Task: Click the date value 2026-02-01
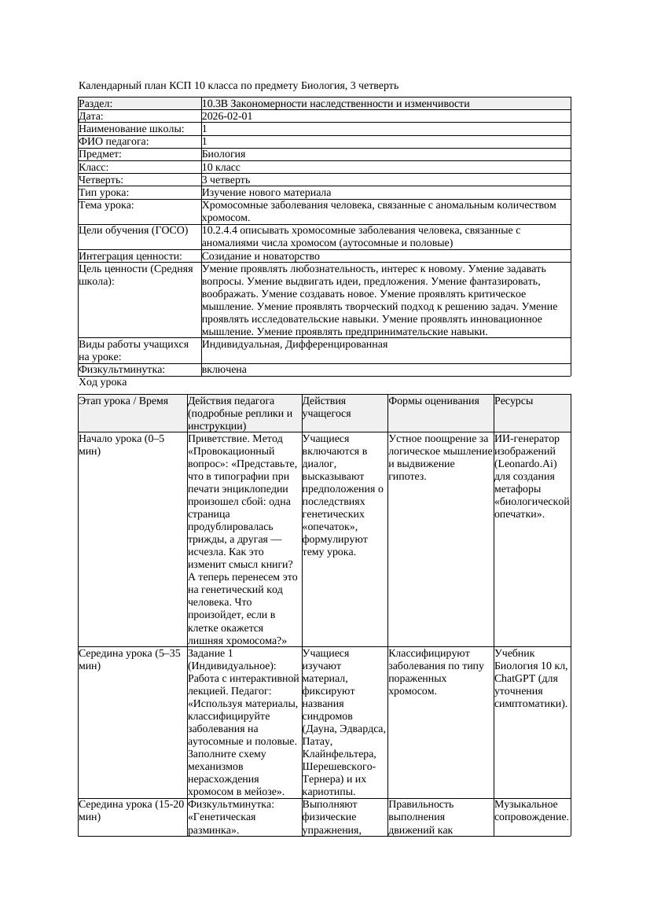pyautogui.click(x=227, y=116)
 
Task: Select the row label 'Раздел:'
pyautogui.click(x=96, y=103)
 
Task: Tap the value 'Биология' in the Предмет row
pyautogui.click(x=224, y=154)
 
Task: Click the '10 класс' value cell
pyautogui.click(x=221, y=167)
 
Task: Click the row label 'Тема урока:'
pyautogui.click(x=107, y=205)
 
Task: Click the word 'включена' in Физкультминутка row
pyautogui.click(x=224, y=369)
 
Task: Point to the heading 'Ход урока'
pyautogui.click(x=103, y=382)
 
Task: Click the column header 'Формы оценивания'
pyautogui.click(x=433, y=400)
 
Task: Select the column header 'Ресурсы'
pyautogui.click(x=513, y=400)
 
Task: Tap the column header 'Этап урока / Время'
pyautogui.click(x=123, y=400)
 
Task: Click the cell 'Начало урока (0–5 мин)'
pyautogui.click(x=122, y=445)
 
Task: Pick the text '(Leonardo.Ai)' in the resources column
pyautogui.click(x=526, y=463)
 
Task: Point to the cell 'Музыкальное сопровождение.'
pyautogui.click(x=531, y=811)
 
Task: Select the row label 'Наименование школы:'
pyautogui.click(x=132, y=128)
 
